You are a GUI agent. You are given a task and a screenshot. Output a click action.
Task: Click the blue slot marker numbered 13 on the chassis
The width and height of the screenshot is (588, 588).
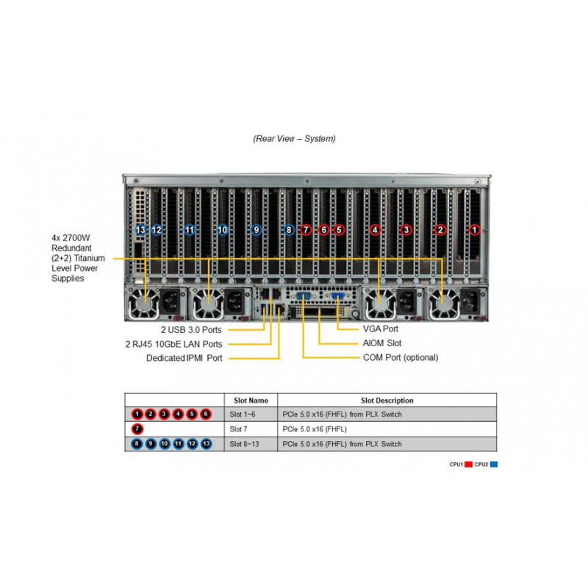pos(140,230)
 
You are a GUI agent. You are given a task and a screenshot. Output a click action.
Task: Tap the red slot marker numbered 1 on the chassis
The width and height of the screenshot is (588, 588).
pos(474,230)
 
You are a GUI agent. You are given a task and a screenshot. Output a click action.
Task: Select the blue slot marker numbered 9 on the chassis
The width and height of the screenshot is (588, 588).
pos(256,230)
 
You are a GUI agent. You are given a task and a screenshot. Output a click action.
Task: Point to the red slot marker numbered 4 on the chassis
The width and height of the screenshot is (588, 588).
pos(375,230)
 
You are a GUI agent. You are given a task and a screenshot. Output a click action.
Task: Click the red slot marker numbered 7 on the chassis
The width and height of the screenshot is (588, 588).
pos(306,230)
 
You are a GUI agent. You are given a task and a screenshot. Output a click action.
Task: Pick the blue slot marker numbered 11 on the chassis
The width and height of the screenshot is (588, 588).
pos(190,230)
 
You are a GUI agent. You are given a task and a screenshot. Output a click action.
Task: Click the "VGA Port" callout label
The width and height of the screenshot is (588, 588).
pos(380,329)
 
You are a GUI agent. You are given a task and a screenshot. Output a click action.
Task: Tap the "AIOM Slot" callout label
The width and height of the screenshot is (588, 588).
pos(381,343)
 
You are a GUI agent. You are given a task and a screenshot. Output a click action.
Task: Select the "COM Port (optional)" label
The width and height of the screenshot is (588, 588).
pos(401,358)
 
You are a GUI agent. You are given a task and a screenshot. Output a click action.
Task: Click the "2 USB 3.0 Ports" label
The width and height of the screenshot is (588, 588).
pos(191,330)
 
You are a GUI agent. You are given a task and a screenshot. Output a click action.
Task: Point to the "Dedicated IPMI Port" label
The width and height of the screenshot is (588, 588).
pos(184,358)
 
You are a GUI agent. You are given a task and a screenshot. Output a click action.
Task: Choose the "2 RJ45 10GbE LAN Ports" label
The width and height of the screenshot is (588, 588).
pos(173,344)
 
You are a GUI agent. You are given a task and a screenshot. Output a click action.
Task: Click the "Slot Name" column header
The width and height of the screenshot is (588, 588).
pos(251,401)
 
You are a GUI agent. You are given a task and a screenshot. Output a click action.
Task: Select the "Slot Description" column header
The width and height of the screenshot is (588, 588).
pos(387,401)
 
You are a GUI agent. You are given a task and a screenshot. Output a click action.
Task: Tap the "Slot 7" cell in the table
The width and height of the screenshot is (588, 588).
pos(238,429)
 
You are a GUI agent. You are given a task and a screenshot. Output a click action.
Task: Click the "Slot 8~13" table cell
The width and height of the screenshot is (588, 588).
pos(244,444)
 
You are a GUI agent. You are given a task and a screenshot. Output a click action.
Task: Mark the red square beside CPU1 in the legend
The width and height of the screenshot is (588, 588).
pos(468,465)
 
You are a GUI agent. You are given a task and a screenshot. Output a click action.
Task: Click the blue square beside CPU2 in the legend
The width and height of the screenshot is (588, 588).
pos(494,465)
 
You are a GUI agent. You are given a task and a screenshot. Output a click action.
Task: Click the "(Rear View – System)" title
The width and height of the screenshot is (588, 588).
pos(294,139)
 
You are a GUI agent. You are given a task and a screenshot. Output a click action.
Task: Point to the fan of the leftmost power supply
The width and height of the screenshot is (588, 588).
pos(144,304)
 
